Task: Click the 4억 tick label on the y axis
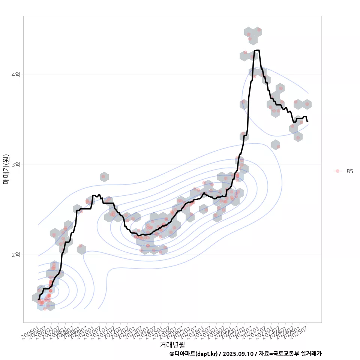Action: (x=15, y=75)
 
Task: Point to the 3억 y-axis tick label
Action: (x=15, y=165)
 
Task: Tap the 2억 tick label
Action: (x=15, y=255)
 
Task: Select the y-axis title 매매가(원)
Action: (x=6, y=169)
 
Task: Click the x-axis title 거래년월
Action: (x=172, y=344)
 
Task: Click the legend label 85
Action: (x=349, y=171)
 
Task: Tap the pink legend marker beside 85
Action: (x=337, y=171)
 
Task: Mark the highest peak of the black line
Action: (x=257, y=50)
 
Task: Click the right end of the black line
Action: (x=307, y=121)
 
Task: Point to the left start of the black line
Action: (x=38, y=299)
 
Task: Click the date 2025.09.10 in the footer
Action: (x=237, y=354)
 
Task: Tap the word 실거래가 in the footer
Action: (x=311, y=354)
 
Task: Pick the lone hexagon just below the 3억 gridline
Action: (x=104, y=177)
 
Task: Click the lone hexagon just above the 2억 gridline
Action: (x=81, y=249)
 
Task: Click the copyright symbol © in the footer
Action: (x=172, y=354)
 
